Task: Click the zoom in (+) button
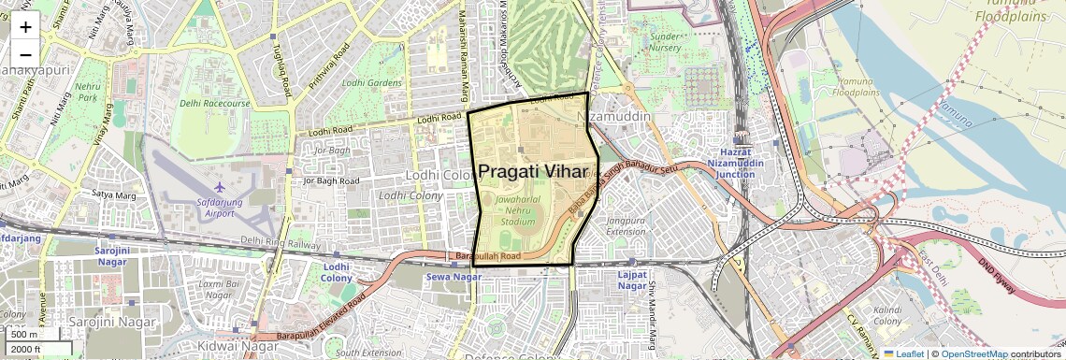point(25,27)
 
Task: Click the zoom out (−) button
point(25,55)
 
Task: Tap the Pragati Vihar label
point(538,172)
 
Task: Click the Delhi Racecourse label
point(215,103)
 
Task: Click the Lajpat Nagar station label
point(633,279)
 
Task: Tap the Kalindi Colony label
point(886,315)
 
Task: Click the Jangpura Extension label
point(626,225)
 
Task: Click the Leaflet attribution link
point(903,353)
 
